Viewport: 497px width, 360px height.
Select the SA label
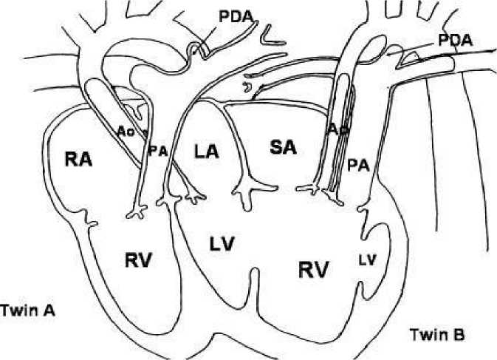point(282,147)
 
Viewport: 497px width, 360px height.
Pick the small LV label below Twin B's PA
point(367,259)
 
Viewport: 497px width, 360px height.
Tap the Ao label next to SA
point(337,129)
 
